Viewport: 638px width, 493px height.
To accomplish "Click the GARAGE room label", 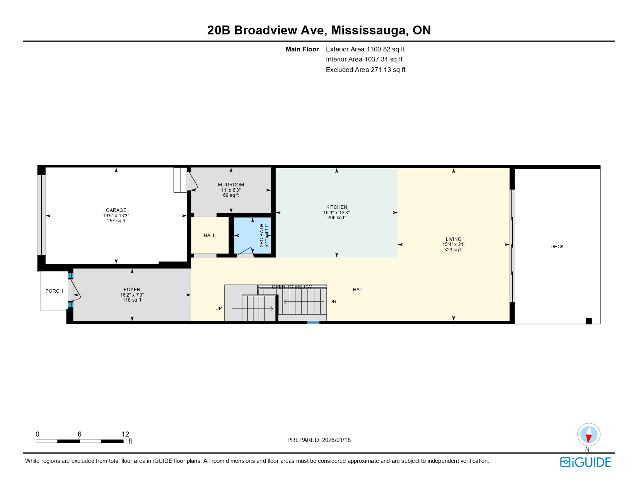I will coord(116,210).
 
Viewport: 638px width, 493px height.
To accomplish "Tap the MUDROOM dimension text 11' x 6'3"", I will coord(231,190).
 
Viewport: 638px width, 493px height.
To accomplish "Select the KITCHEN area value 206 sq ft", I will coord(336,218).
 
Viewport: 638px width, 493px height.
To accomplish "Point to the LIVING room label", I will coord(453,239).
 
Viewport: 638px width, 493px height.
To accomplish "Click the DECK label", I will coord(557,247).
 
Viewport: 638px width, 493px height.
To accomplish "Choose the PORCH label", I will coord(54,291).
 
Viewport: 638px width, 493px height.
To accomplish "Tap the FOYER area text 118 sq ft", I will coord(132,300).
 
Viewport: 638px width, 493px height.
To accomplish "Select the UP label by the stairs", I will coord(218,309).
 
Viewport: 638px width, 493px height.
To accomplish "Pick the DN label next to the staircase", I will coord(333,302).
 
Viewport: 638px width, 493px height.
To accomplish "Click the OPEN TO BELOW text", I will coord(292,287).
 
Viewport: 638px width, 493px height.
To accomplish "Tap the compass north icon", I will coord(589,435).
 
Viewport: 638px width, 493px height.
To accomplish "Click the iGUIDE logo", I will coord(585,462).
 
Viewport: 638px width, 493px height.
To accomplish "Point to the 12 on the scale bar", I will coord(125,434).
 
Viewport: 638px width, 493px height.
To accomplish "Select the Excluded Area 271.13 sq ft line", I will coord(365,70).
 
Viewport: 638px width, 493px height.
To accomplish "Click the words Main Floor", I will coord(302,49).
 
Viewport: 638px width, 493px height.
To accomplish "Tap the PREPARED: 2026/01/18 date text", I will coord(319,440).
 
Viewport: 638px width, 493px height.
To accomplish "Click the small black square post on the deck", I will coord(589,321).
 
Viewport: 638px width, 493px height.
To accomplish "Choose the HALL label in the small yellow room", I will coord(210,235).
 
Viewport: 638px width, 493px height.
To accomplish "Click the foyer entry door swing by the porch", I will coord(75,291).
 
